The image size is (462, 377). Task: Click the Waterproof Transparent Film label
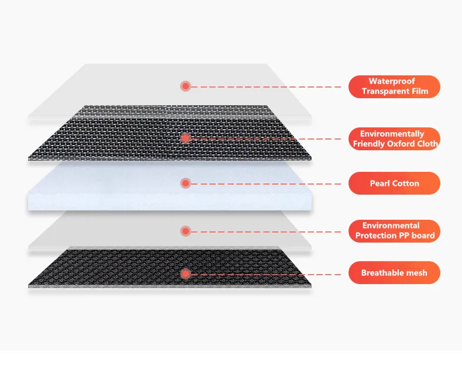(x=394, y=87)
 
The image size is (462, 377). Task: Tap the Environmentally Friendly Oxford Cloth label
(x=394, y=139)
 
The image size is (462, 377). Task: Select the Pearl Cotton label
(x=394, y=183)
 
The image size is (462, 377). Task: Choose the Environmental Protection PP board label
(x=394, y=230)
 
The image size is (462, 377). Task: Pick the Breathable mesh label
(x=394, y=273)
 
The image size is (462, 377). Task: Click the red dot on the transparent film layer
(x=186, y=87)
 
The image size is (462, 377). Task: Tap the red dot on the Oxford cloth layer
(x=186, y=139)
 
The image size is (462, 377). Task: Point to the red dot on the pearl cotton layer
(x=186, y=184)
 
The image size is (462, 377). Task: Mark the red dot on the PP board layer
(x=186, y=230)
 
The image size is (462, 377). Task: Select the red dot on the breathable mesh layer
(x=186, y=273)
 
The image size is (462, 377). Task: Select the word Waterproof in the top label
(x=392, y=81)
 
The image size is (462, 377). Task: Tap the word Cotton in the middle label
(x=405, y=183)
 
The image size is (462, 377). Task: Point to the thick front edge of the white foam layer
(x=170, y=203)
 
